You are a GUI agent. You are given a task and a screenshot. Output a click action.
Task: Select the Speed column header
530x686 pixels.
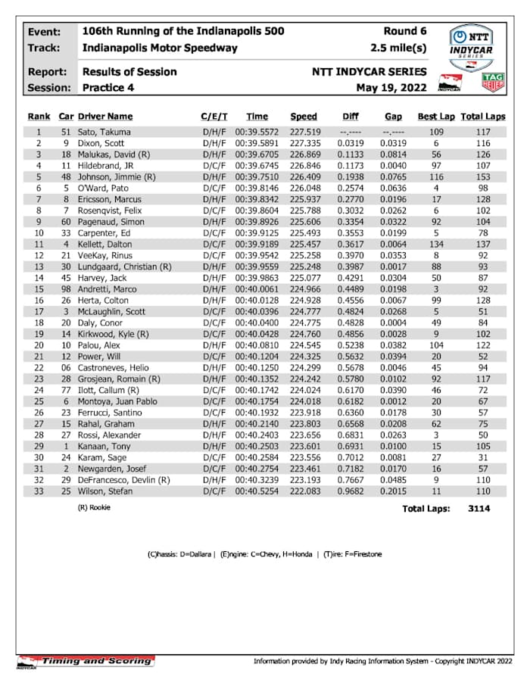[303, 117]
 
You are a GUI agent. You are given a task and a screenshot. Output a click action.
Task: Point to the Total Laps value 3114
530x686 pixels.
[479, 508]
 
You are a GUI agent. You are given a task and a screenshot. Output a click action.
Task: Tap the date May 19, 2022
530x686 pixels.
[391, 88]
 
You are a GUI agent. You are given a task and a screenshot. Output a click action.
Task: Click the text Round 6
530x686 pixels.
[405, 31]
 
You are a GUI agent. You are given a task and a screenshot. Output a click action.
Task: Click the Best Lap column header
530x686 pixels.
[436, 117]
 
